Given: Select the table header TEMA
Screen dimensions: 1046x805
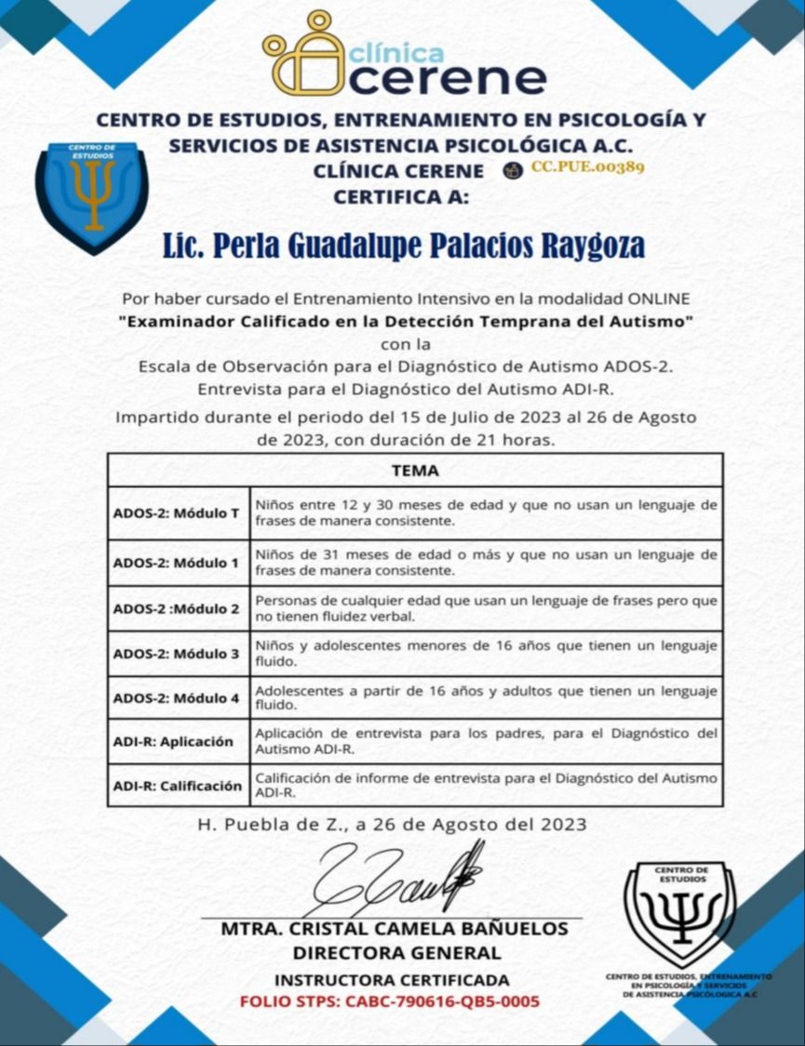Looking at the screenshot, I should pyautogui.click(x=415, y=470).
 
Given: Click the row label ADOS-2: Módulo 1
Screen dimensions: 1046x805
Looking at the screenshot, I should pyautogui.click(x=177, y=563).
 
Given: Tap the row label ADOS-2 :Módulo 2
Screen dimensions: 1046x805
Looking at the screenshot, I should pyautogui.click(x=177, y=608).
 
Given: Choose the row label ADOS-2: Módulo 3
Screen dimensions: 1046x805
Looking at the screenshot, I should pyautogui.click(x=177, y=654).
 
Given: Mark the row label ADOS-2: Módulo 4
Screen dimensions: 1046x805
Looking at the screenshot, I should pyautogui.click(x=177, y=698).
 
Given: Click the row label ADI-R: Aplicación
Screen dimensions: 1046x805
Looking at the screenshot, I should pyautogui.click(x=173, y=742).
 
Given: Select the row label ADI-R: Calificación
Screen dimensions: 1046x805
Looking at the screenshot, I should pyautogui.click(x=177, y=786).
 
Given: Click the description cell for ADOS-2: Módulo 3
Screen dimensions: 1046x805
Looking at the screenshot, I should pyautogui.click(x=486, y=654).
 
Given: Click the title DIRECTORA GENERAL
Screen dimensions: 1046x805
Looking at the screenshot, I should pyautogui.click(x=397, y=953).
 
